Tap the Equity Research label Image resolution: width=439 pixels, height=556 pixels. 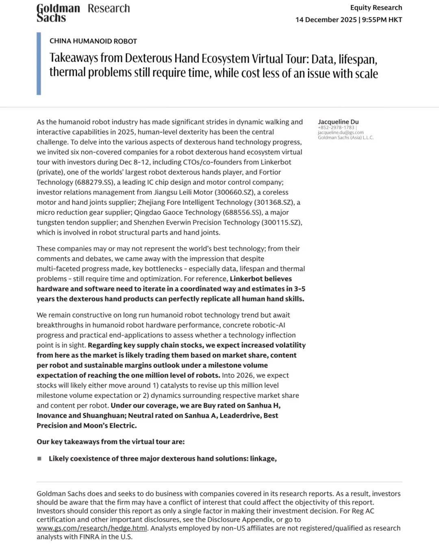[x=376, y=7]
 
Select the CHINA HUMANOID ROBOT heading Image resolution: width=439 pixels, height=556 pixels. [x=93, y=41]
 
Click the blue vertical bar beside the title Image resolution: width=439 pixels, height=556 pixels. [x=39, y=63]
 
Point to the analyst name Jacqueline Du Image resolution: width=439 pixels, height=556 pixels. [x=338, y=122]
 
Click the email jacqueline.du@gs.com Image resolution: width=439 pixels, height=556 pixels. [x=341, y=132]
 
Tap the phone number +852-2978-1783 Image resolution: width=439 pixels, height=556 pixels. [x=336, y=127]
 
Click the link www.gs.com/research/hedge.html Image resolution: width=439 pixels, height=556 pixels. [x=91, y=528]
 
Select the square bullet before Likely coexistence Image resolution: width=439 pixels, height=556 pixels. [x=39, y=458]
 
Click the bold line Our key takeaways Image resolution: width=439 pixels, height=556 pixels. [x=111, y=442]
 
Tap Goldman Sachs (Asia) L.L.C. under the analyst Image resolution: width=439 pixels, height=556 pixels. [x=346, y=137]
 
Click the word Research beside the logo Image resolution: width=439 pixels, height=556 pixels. [x=109, y=8]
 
